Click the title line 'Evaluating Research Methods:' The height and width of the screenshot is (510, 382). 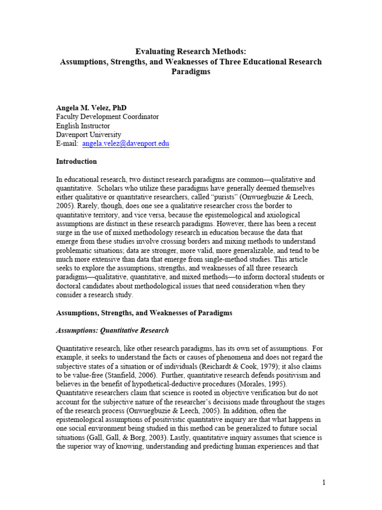pos(191,51)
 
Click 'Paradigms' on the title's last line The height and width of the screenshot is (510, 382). pos(191,72)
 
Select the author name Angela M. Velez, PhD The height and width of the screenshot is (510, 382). pos(91,108)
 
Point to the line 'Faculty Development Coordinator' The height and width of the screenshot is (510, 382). pos(107,117)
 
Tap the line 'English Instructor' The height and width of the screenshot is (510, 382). pos(83,126)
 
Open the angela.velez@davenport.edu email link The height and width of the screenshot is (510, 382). pos(126,144)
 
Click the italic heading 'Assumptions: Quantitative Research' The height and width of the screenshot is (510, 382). pos(112,330)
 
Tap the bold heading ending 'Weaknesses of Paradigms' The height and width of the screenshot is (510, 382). pos(144,313)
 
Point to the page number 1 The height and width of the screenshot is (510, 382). pos(323,482)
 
